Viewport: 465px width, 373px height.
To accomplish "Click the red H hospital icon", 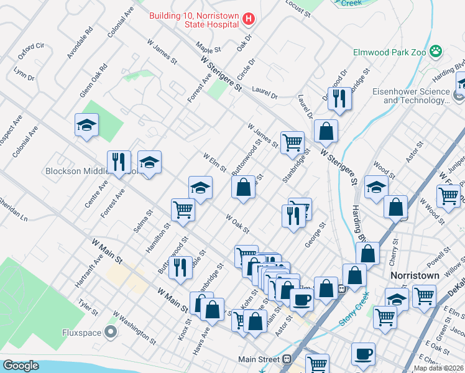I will [x=249, y=19].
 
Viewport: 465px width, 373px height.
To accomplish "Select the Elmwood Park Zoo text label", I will [x=389, y=53].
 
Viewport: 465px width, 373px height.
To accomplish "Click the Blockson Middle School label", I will [x=75, y=171].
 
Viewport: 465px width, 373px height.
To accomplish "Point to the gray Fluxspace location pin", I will [x=111, y=332].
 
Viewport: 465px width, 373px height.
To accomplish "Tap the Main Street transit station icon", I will [x=287, y=359].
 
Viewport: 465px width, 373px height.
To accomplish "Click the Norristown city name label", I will [x=415, y=275].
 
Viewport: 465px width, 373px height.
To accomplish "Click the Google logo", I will [x=21, y=366].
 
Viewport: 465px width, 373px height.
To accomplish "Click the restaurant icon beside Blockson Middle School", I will [x=118, y=162].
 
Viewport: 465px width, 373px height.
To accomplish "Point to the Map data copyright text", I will [x=438, y=368].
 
